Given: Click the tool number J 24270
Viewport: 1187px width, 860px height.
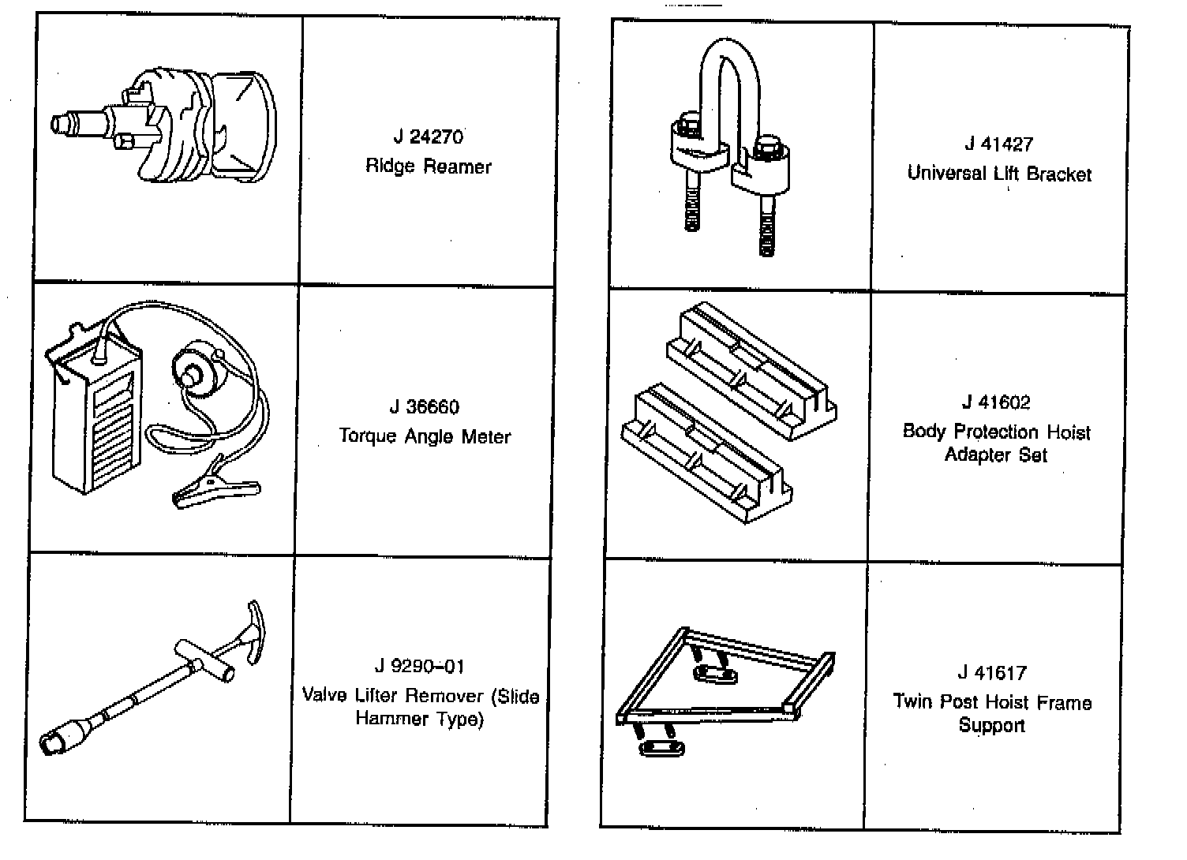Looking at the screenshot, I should click(429, 137).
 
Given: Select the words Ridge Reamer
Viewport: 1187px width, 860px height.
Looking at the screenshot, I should click(429, 166).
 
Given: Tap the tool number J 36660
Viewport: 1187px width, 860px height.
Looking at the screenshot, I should click(424, 407).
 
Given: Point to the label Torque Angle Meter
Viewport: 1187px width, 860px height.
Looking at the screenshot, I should click(425, 436).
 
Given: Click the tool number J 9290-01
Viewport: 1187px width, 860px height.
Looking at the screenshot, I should click(419, 667).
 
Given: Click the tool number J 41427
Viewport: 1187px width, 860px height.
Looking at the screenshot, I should click(998, 144).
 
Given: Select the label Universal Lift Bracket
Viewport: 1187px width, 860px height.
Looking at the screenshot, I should click(999, 174).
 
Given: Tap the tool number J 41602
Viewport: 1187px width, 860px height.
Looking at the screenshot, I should click(996, 402).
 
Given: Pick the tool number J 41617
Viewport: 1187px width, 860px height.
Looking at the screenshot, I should click(992, 673).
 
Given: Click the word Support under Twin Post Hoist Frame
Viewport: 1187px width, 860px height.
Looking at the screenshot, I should click(991, 725).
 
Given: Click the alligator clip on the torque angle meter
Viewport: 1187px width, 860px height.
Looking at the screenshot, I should click(213, 491).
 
